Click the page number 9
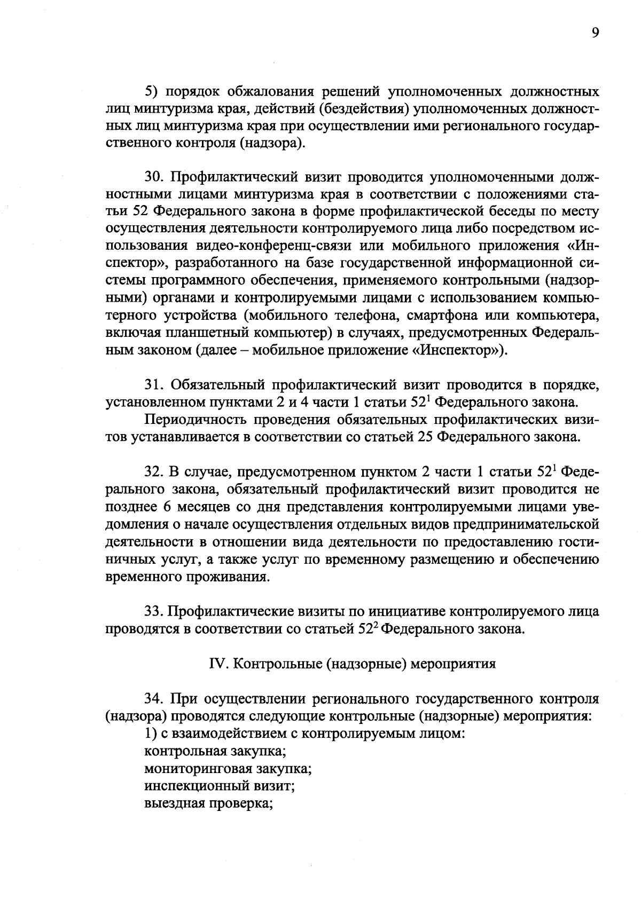click(x=595, y=33)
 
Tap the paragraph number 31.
click(x=154, y=385)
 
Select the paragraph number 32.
click(x=154, y=472)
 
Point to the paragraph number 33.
click(x=154, y=611)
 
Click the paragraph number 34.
click(x=154, y=698)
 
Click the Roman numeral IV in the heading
click(x=216, y=664)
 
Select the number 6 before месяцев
click(x=167, y=507)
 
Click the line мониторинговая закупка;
click(x=228, y=769)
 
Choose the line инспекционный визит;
click(x=220, y=786)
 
